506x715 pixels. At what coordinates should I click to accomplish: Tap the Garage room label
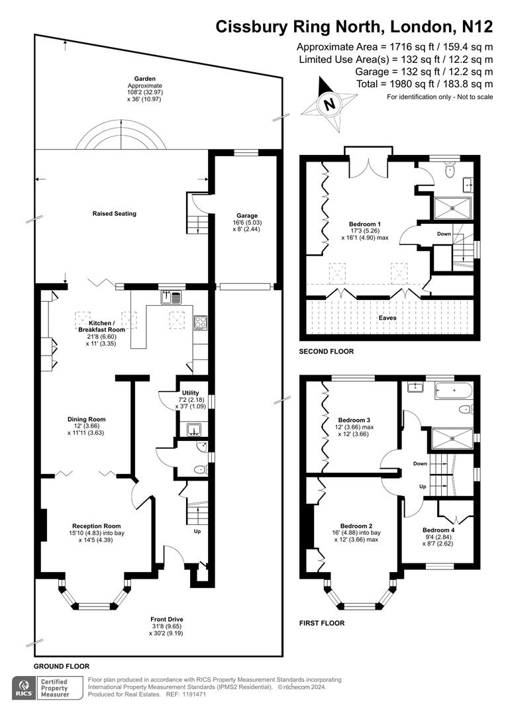coord(247,216)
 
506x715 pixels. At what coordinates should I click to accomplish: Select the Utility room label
coord(190,393)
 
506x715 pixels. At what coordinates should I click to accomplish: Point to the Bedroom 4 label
coord(438,530)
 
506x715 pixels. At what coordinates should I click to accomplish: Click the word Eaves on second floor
coord(387,317)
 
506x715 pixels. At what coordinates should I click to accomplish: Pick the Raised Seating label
coord(114,213)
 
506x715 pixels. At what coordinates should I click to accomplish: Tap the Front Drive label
coord(167,619)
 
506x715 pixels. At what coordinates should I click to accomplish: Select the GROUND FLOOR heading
coord(62,666)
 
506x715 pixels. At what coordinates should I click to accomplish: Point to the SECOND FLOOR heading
coord(327,351)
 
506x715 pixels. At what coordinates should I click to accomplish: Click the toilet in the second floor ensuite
coord(451,169)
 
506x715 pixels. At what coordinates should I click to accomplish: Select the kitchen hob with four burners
coord(201,323)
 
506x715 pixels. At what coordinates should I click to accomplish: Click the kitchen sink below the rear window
coord(171,297)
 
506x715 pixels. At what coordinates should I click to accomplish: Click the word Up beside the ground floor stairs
coord(197,531)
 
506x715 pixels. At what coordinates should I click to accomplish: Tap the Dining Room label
coord(87,419)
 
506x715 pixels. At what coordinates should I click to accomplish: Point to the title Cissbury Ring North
coord(301,27)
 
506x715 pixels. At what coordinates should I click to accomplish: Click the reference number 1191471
coord(194,694)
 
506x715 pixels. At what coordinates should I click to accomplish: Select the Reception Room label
coord(96,526)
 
